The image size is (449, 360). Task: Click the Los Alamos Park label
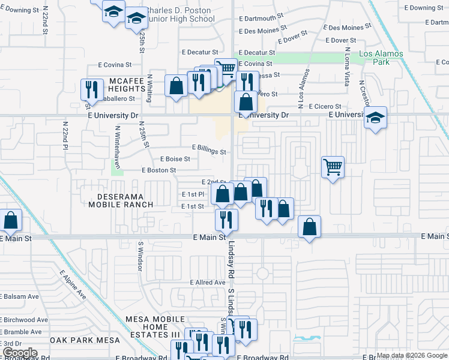[381, 58]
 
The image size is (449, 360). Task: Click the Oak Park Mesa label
[86, 340]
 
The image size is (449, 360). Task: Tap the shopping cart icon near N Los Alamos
[333, 167]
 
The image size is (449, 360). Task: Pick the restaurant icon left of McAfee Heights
[92, 89]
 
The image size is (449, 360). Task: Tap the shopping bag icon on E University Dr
[246, 102]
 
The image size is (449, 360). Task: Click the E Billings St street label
[209, 148]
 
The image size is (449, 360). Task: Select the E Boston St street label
[158, 170]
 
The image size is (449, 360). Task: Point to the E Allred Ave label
[207, 282]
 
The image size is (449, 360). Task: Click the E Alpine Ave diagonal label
[73, 285]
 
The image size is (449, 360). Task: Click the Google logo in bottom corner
[19, 352]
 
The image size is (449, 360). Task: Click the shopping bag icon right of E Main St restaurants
[309, 227]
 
